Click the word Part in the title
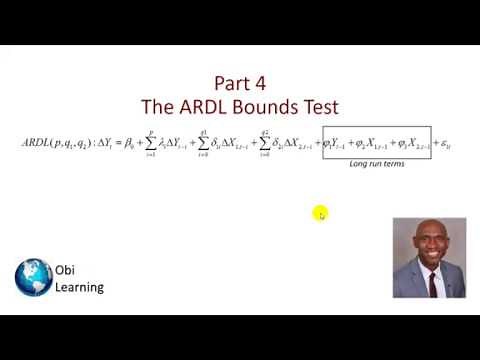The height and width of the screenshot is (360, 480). (x=233, y=83)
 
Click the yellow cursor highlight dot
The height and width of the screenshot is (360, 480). (x=319, y=212)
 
